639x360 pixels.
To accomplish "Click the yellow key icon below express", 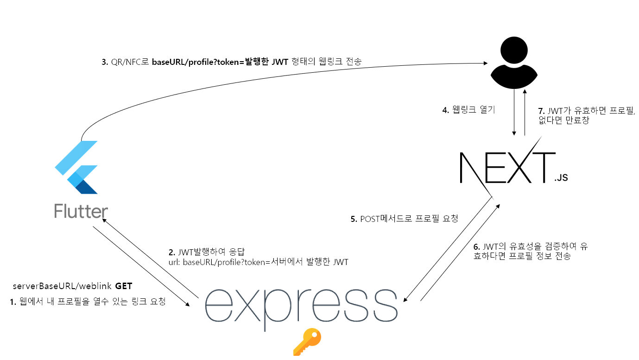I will pos(307,342).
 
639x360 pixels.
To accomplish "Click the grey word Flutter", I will pos(81,211).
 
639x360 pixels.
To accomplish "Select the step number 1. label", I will pos(13,302).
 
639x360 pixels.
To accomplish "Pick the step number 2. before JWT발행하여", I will pos(171,253).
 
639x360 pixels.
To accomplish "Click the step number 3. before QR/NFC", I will pos(105,62).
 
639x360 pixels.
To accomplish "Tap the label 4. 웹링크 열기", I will pos(468,110).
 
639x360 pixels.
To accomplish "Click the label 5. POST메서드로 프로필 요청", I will pos(404,219).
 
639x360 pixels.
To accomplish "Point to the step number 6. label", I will pos(477,247).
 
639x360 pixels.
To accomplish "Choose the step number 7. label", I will pos(541,112).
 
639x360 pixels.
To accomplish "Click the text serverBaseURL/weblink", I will pos(63,285).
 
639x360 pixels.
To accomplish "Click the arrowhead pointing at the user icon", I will pos(485,63).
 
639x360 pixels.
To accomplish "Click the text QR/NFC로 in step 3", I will pos(130,62).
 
